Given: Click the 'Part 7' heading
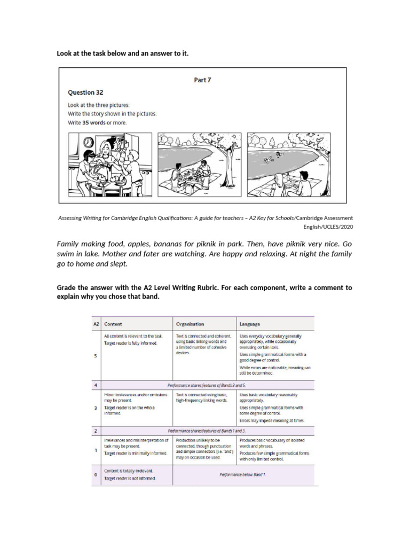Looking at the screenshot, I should pos(202,80).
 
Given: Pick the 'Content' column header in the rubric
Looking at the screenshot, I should pos(113,324).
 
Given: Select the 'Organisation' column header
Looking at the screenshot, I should pos(190,324).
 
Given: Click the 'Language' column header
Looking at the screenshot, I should pos(250,324).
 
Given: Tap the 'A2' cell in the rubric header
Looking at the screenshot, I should pos(96,324).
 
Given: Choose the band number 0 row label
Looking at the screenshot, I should pos(95,474).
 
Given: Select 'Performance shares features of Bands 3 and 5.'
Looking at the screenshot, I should pos(206,385).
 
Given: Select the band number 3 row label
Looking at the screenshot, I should pos(95,408).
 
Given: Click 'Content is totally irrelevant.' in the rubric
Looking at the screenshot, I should pos(128,471).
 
